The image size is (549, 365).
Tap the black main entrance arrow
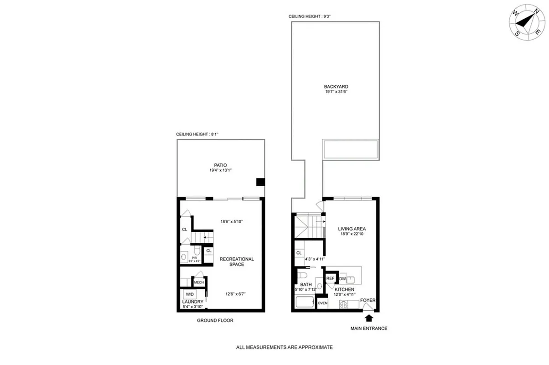pos(368,317)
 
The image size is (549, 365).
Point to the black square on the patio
pos(260,182)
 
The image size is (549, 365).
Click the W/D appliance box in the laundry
pos(189,295)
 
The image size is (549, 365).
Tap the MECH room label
pos(199,283)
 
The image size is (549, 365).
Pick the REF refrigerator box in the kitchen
pos(330,278)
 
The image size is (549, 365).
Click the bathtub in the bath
pos(305,302)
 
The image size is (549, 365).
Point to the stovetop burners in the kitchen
pos(344,304)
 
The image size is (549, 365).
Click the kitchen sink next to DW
pos(350,280)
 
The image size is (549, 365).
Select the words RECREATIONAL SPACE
pos(237,262)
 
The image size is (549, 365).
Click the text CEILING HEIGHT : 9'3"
pos(310,16)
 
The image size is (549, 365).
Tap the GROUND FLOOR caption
pos(215,321)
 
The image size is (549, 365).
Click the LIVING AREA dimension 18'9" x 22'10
pos(352,234)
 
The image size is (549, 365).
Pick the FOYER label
pos(368,300)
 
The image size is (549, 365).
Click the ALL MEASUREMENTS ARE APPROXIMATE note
pos(285,347)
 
